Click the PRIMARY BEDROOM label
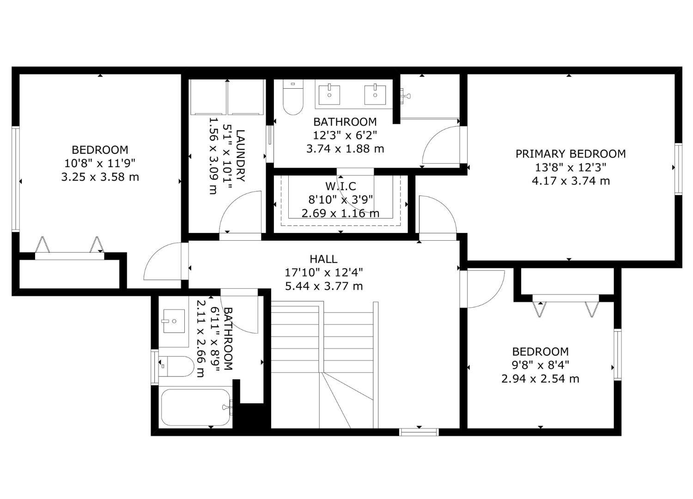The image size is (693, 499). coord(571,154)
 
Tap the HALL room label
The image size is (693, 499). coord(323,259)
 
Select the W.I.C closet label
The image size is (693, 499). coord(341,186)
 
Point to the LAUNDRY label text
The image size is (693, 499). coord(240,156)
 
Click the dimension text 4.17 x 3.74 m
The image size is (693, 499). coord(571,181)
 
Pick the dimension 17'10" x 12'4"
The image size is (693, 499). coord(324,273)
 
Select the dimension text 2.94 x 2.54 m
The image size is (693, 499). coord(540,379)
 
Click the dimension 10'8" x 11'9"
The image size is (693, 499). coord(100,163)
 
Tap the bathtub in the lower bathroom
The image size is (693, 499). coord(195,408)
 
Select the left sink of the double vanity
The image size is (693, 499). coord(329,94)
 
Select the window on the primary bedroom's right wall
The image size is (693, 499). coord(678,169)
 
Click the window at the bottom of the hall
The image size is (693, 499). coord(419,432)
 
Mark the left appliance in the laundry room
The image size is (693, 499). coord(208,97)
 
